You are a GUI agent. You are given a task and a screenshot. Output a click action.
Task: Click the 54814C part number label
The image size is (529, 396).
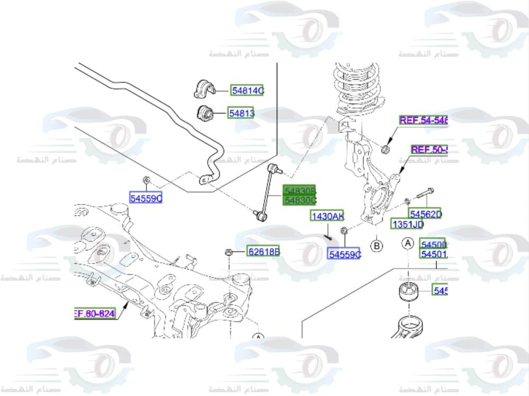pyautogui.click(x=247, y=91)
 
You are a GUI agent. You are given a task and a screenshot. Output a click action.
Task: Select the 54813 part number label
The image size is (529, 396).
pyautogui.click(x=241, y=113)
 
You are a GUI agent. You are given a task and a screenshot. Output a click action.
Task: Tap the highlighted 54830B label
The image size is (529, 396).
pyautogui.click(x=300, y=191)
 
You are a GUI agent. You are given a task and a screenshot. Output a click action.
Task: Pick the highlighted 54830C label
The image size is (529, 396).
pyautogui.click(x=300, y=201)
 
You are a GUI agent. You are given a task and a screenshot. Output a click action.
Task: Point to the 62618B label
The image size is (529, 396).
pyautogui.click(x=263, y=252)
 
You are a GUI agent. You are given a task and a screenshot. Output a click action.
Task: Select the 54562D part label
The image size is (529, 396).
pyautogui.click(x=425, y=214)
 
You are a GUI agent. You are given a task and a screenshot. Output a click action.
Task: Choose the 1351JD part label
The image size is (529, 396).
pyautogui.click(x=407, y=224)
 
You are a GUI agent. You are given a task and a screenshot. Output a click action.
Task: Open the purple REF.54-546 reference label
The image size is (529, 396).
pyautogui.click(x=423, y=120)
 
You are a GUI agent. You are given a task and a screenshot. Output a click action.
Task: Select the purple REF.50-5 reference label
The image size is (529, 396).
pyautogui.click(x=429, y=150)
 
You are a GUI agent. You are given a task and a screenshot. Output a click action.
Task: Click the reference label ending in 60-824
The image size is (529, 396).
pyautogui.click(x=94, y=314)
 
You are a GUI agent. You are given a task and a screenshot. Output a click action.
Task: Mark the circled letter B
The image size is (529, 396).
pyautogui.click(x=377, y=246)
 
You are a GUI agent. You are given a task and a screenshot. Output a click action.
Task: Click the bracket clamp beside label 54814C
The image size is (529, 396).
pyautogui.click(x=203, y=89)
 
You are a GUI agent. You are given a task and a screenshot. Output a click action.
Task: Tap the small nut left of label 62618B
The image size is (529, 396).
pyautogui.click(x=229, y=252)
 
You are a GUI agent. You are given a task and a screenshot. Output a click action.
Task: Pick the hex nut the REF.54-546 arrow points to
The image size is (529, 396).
pyautogui.click(x=386, y=149)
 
